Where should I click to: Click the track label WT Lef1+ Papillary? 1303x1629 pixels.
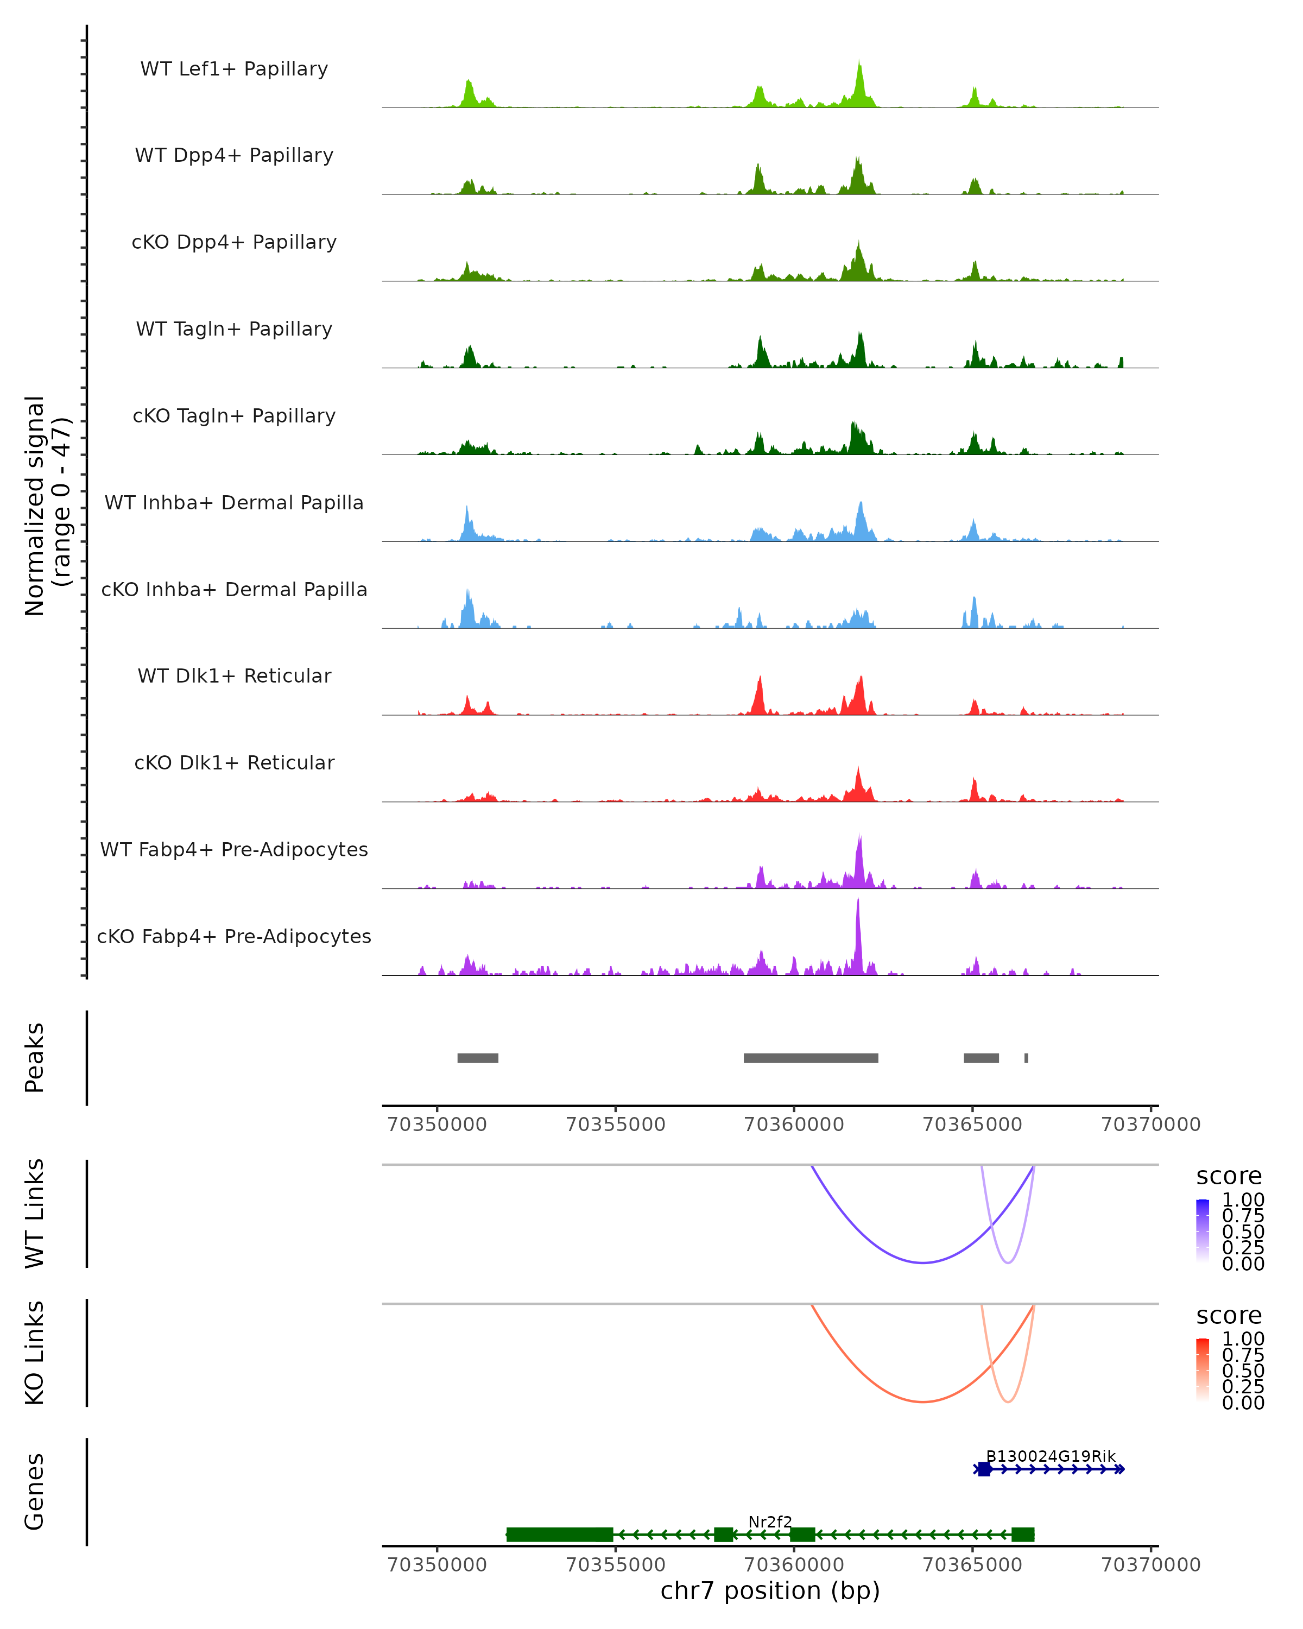(234, 69)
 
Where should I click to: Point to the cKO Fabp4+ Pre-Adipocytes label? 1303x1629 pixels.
(234, 936)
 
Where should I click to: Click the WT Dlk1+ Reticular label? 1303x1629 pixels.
(234, 675)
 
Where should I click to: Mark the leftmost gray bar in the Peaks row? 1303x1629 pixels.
(477, 1058)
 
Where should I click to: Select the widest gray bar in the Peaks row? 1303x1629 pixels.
(811, 1058)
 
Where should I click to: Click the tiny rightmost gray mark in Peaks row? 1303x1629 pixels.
(1026, 1058)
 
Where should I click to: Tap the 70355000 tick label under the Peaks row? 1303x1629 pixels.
(616, 1125)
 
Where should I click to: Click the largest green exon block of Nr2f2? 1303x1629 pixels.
(560, 1534)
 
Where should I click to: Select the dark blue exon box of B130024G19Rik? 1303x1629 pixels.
(983, 1469)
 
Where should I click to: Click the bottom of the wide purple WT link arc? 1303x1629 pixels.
(922, 1262)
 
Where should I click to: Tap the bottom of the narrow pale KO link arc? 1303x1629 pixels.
(1008, 1401)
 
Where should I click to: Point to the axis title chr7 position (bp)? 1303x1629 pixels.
(770, 1590)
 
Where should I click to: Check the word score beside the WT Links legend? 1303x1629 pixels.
(1228, 1177)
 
